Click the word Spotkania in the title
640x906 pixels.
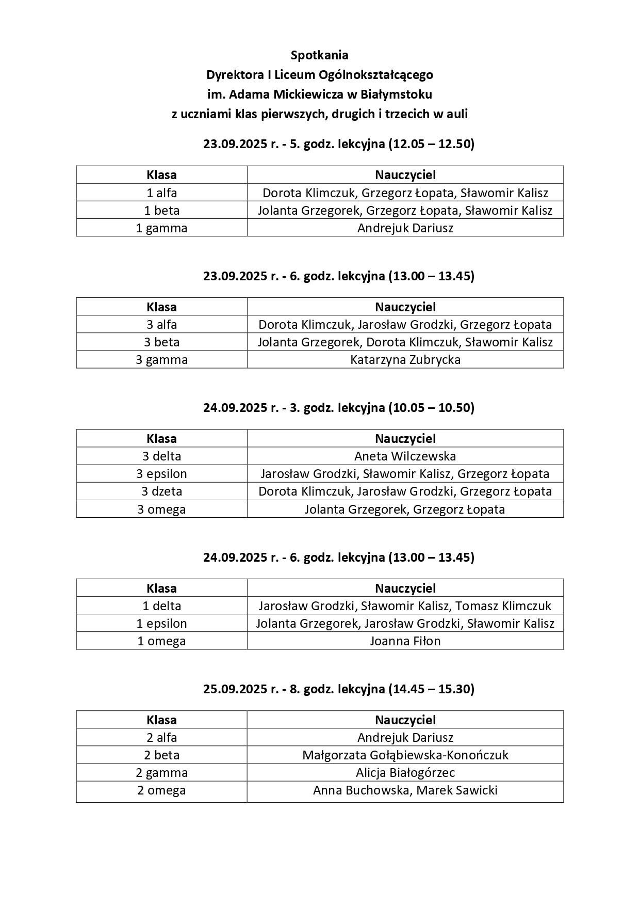point(319,55)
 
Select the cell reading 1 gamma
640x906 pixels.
point(161,228)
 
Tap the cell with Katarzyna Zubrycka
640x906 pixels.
point(405,360)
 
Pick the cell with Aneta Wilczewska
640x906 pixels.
point(405,456)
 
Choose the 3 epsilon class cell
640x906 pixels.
point(161,474)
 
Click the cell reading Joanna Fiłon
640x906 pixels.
point(405,641)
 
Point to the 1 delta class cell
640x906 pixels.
point(161,606)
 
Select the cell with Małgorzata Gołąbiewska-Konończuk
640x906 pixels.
point(405,755)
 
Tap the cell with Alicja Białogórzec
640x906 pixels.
point(405,773)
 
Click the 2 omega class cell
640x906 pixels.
point(161,790)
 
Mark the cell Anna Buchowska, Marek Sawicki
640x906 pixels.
point(405,790)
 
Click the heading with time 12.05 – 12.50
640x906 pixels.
point(338,144)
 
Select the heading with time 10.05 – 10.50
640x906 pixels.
point(338,408)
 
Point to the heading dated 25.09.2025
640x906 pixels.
point(338,689)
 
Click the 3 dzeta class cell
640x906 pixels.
point(161,491)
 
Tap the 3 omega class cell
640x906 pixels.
point(161,510)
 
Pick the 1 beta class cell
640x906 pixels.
point(161,211)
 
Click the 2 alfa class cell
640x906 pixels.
point(161,738)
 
